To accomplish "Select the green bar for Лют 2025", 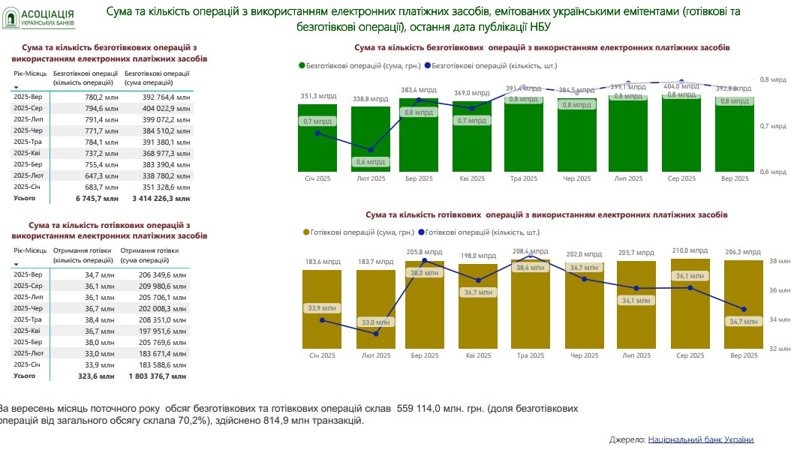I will click(x=371, y=139).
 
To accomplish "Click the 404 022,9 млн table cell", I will click(x=158, y=108).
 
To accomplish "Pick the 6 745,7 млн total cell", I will click(x=97, y=199).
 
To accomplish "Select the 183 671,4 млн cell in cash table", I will click(x=158, y=353).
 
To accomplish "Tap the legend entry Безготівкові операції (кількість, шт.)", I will click(x=488, y=65).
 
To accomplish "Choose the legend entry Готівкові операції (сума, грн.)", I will click(x=357, y=232).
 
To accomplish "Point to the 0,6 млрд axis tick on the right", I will click(x=773, y=172).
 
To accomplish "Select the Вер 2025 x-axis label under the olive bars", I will click(x=744, y=355).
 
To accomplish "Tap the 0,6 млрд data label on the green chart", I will click(x=371, y=162).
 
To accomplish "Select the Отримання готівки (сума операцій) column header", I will click(x=149, y=255).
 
